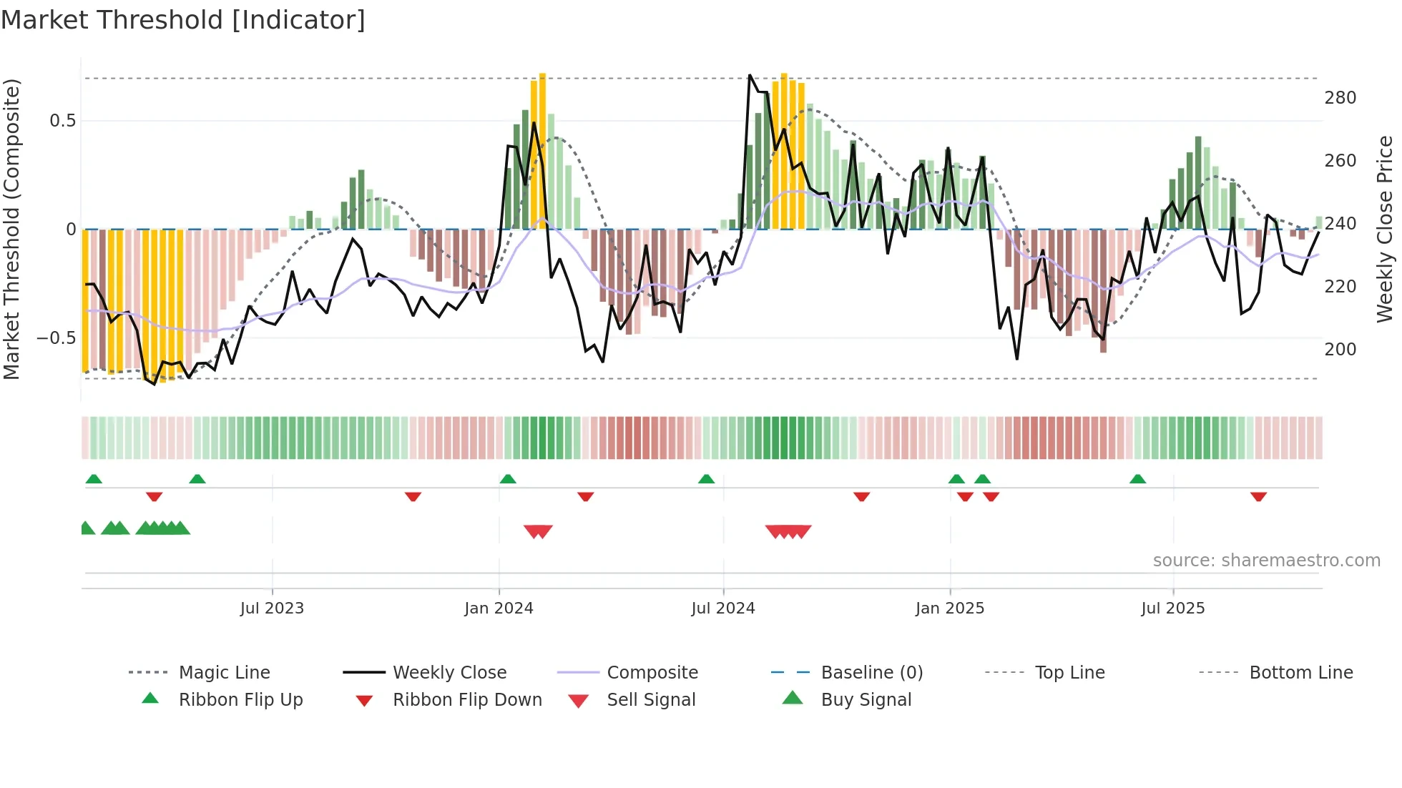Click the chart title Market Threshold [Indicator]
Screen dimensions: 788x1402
(x=183, y=20)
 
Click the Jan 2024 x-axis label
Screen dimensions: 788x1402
(x=499, y=609)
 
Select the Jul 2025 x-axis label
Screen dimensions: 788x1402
(x=1172, y=609)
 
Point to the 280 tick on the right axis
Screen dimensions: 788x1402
(x=1340, y=98)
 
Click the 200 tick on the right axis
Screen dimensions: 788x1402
(x=1340, y=350)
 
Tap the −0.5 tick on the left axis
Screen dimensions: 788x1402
(x=56, y=338)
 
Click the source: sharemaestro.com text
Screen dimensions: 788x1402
(x=1266, y=561)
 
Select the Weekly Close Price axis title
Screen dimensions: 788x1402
(x=1385, y=229)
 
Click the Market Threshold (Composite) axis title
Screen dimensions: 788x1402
(x=11, y=229)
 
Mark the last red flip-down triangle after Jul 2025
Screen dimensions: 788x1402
(x=1258, y=496)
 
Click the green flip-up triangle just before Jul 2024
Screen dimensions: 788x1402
(x=706, y=479)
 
